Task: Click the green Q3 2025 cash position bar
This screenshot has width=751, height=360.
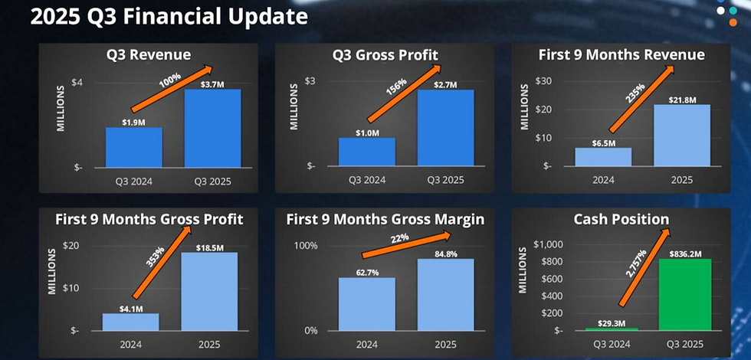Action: [x=684, y=294]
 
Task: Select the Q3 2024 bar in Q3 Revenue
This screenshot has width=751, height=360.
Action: [x=134, y=147]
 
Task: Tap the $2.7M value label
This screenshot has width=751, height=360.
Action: [x=445, y=85]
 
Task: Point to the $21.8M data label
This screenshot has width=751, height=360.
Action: [x=681, y=100]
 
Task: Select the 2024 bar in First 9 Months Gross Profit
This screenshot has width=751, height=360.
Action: [x=131, y=322]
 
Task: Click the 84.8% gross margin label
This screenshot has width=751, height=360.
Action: [x=445, y=254]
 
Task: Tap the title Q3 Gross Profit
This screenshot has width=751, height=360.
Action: [x=385, y=55]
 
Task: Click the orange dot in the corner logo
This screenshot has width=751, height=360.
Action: [x=733, y=22]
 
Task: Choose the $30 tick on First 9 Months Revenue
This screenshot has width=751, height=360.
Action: [x=544, y=81]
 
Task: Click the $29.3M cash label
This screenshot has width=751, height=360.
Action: [x=612, y=323]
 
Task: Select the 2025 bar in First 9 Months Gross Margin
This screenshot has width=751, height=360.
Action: [x=445, y=294]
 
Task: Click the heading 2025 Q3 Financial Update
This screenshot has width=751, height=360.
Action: [x=169, y=17]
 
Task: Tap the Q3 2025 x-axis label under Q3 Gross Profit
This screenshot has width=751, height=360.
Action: [x=445, y=180]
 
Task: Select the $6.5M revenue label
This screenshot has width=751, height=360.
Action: [x=603, y=143]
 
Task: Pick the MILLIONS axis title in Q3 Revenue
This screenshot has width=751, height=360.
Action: [x=61, y=109]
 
